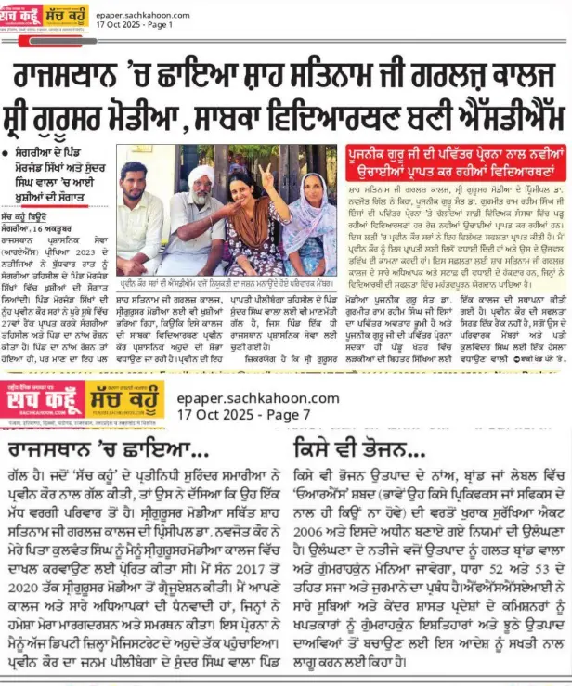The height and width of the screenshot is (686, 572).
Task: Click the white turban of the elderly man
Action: [203, 177]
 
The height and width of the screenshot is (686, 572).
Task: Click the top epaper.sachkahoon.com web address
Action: [141, 13]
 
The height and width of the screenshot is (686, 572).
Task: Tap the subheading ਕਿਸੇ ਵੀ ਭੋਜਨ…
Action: [356, 451]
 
